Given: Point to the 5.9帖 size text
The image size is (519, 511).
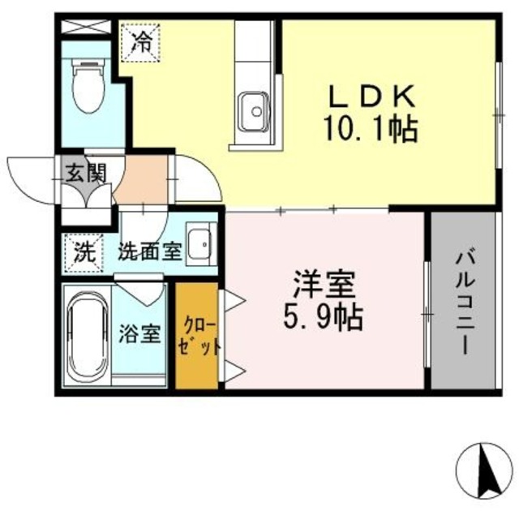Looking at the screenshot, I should click(323, 316).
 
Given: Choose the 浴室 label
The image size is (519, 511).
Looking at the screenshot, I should click(139, 333).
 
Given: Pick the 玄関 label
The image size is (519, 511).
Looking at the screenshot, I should click(86, 173).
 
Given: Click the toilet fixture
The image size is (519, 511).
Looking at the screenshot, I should click(86, 89).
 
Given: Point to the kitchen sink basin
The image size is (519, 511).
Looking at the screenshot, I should click(254, 107).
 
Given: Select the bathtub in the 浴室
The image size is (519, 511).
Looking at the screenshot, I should click(85, 333).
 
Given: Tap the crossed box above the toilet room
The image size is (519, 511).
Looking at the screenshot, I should click(85, 25).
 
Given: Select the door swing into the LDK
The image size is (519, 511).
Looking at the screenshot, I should click(198, 178).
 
